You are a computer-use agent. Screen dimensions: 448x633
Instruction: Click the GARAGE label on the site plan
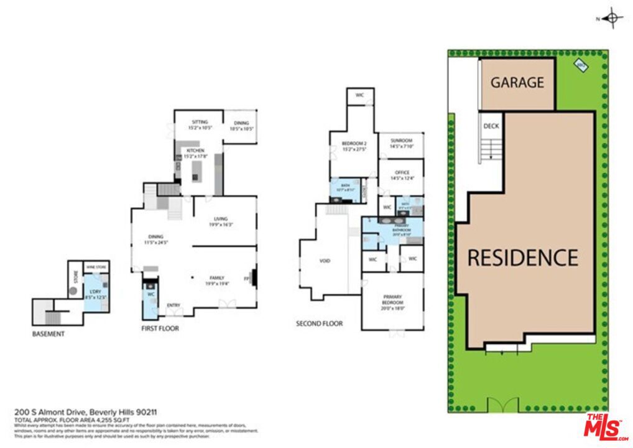(517, 82)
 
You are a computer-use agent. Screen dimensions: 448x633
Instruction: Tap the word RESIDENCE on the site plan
(522, 257)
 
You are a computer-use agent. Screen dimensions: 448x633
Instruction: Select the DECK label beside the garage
(491, 126)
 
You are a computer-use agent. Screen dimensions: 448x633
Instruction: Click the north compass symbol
(612, 18)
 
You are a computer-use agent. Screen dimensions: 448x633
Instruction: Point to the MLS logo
(604, 426)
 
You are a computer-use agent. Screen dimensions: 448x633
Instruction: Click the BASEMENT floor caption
(48, 334)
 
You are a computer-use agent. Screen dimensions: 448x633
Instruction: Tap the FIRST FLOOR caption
(160, 328)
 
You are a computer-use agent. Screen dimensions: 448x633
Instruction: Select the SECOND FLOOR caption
(320, 324)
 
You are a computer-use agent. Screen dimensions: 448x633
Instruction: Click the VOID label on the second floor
(324, 261)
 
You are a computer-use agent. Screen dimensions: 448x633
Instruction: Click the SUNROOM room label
(401, 141)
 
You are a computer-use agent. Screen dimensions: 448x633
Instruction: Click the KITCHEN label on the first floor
(196, 151)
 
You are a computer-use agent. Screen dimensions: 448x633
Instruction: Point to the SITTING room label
(200, 122)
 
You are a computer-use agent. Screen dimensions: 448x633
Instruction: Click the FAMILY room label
(216, 278)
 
